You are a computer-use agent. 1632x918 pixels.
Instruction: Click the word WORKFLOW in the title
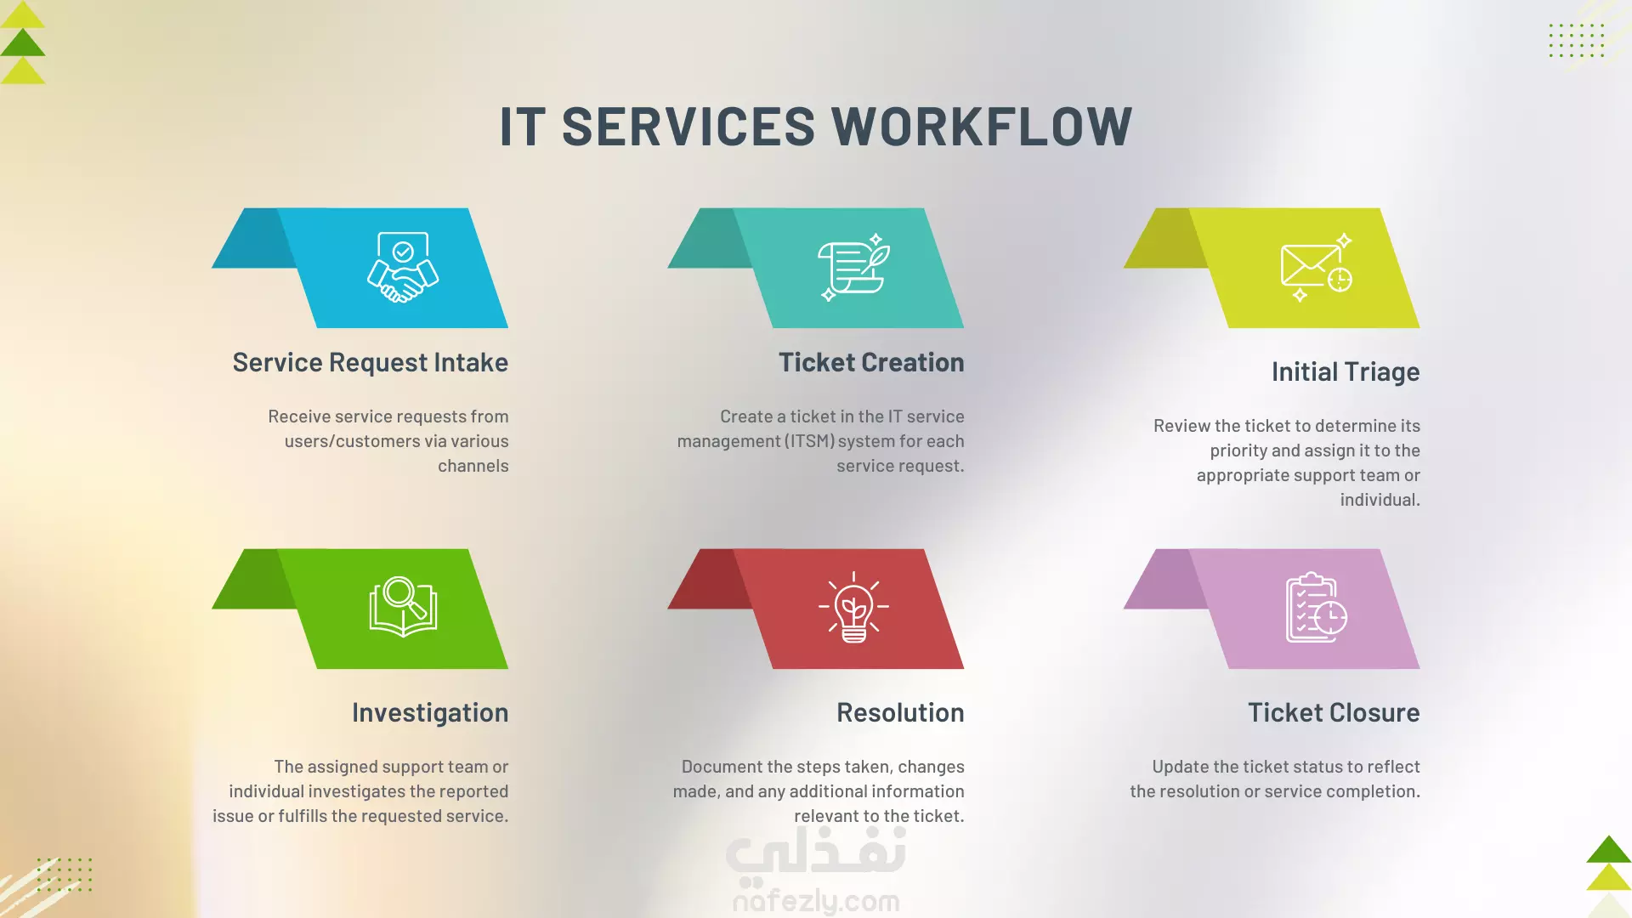pyautogui.click(x=982, y=127)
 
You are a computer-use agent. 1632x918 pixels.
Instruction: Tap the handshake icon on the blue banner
pyautogui.click(x=403, y=267)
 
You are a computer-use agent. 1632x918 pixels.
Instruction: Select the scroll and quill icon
pyautogui.click(x=853, y=267)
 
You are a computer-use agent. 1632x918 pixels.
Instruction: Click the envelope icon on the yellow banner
pyautogui.click(x=1316, y=267)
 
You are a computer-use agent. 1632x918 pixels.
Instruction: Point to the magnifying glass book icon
pyautogui.click(x=403, y=607)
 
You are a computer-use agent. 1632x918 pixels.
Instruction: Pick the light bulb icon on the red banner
pyautogui.click(x=853, y=607)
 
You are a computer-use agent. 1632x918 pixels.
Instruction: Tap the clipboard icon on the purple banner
pyautogui.click(x=1316, y=607)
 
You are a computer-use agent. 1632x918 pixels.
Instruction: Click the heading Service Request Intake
pyautogui.click(x=371, y=363)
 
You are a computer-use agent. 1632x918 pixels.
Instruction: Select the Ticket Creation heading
pyautogui.click(x=871, y=363)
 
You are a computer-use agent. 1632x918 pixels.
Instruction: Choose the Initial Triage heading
pyautogui.click(x=1346, y=372)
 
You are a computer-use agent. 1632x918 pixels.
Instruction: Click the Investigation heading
pyautogui.click(x=430, y=713)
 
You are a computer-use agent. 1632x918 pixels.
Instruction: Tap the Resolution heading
pyautogui.click(x=900, y=712)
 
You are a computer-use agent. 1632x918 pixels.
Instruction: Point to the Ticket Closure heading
pyautogui.click(x=1334, y=712)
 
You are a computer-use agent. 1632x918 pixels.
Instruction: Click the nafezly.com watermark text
pyautogui.click(x=816, y=900)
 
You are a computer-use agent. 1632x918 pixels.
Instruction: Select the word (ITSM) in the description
pyautogui.click(x=809, y=441)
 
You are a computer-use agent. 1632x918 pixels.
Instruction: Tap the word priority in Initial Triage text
pyautogui.click(x=1238, y=451)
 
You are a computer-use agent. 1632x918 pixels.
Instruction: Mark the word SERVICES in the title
pyautogui.click(x=688, y=127)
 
